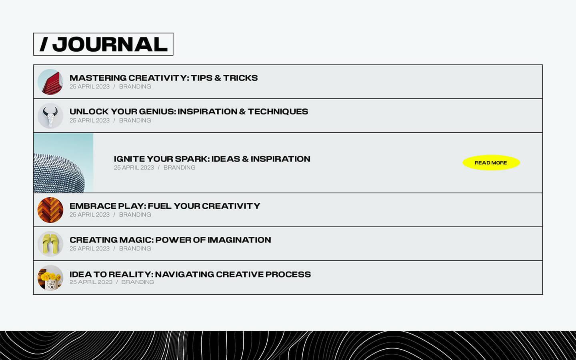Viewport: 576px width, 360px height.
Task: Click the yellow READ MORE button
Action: tap(491, 163)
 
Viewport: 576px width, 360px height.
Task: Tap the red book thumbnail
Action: tap(50, 82)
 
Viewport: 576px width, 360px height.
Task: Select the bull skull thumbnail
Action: tap(50, 116)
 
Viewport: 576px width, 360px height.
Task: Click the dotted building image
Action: tap(63, 163)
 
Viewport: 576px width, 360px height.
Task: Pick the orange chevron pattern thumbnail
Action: tap(50, 210)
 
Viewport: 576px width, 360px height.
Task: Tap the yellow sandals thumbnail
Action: tap(50, 244)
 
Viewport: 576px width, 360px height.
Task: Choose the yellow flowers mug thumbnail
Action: tap(50, 278)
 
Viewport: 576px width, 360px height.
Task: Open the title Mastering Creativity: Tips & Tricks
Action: tap(164, 78)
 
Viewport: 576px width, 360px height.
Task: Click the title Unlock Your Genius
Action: tap(189, 112)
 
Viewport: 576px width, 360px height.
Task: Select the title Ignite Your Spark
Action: tap(212, 159)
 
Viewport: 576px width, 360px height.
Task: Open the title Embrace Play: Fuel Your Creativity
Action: tap(165, 206)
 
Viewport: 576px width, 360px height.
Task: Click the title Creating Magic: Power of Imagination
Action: tap(170, 240)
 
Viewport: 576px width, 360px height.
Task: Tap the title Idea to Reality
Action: tap(190, 274)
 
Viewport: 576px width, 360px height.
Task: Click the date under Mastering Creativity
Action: tap(90, 87)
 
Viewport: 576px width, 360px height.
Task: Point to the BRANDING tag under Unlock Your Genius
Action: tap(135, 120)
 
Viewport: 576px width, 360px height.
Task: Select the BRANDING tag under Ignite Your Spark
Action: tap(180, 168)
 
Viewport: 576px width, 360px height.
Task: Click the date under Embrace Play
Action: tap(90, 215)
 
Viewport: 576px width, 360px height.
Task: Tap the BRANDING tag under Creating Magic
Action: tap(135, 248)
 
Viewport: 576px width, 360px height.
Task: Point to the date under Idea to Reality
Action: tap(91, 282)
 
